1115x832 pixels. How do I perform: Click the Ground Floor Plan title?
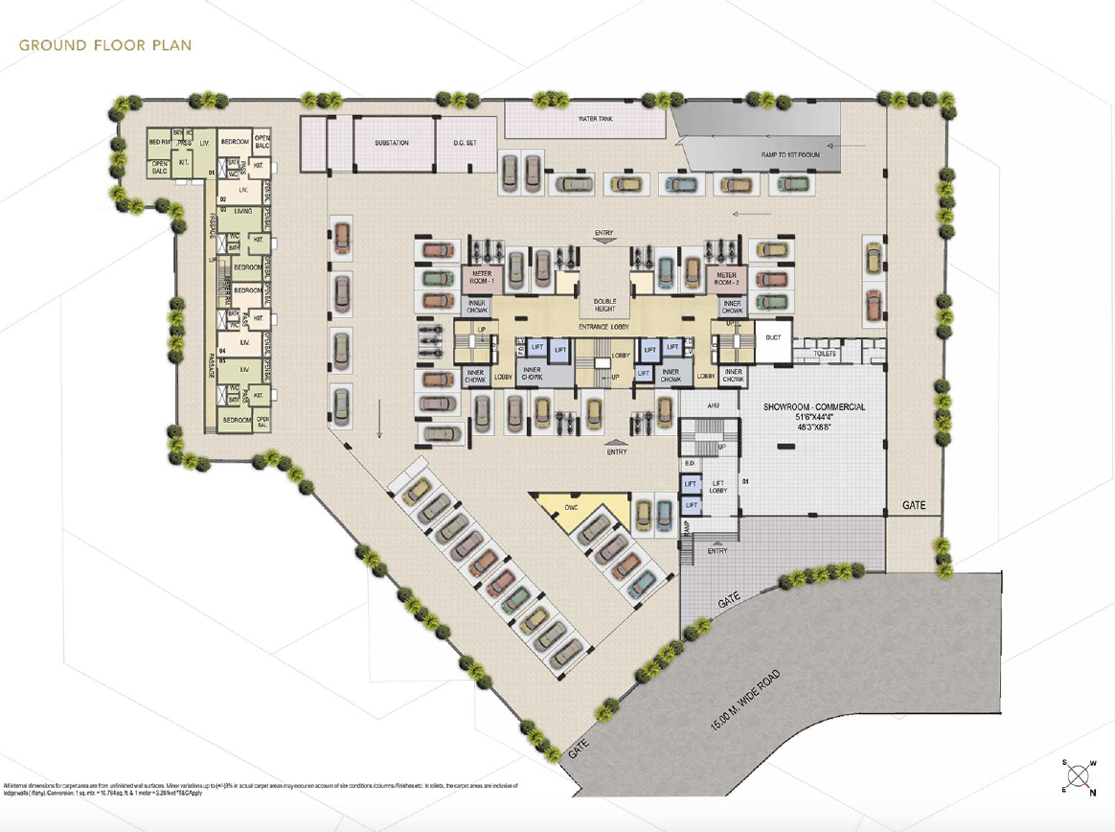pos(105,45)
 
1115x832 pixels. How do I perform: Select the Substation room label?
pos(391,143)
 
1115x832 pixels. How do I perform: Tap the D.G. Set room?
pos(465,143)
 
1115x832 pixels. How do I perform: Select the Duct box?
pos(772,337)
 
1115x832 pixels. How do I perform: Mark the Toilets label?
pos(825,354)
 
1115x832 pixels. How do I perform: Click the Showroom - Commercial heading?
pos(814,407)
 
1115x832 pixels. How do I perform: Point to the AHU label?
pos(713,406)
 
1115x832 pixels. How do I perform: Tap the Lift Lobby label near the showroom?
pos(717,487)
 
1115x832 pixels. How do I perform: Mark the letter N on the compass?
pos(1093,792)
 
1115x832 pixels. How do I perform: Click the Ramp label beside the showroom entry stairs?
pos(687,527)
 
